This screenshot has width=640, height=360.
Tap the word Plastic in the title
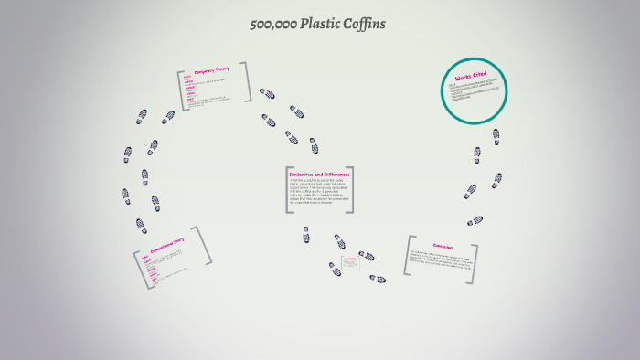pyautogui.click(x=321, y=24)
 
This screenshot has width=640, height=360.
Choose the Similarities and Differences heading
pyautogui.click(x=319, y=174)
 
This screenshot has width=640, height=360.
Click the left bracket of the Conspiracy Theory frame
pyautogui.click(x=181, y=91)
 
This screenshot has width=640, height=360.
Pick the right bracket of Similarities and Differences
pyautogui.click(x=351, y=191)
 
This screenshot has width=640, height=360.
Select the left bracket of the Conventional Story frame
pyautogui.click(x=140, y=270)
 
